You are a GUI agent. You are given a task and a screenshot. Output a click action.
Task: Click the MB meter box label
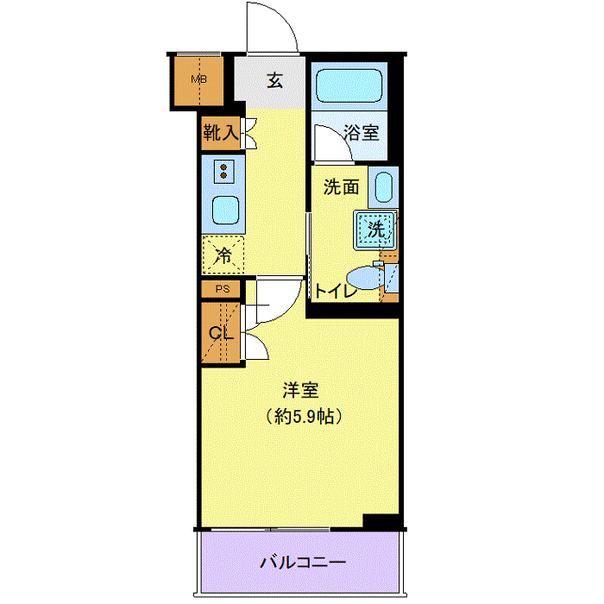point(198,79)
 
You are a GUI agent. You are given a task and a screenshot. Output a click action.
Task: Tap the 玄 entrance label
point(275,81)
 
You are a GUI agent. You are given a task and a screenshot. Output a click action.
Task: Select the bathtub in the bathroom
point(349,85)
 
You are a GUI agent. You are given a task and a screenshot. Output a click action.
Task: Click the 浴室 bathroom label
point(362,133)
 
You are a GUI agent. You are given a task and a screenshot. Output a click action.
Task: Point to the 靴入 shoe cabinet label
point(221,133)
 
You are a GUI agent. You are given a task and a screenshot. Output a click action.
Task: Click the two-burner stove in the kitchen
point(223,172)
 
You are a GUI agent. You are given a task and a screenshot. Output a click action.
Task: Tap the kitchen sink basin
point(225,210)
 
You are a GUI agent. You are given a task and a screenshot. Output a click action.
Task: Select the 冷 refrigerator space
point(223,255)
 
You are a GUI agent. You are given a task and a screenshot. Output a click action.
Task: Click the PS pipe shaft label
point(223,288)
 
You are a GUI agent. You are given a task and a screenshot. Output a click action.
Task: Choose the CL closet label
point(221,333)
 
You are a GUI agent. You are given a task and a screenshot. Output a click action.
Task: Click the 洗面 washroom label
point(342,187)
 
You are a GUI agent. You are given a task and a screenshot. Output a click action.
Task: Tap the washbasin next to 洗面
point(384,187)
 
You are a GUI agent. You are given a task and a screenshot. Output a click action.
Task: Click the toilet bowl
point(364,278)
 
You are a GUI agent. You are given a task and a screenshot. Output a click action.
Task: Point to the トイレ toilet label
point(337,292)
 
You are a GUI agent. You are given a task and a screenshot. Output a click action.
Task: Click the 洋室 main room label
point(301,390)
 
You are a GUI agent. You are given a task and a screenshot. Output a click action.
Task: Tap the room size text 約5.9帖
point(304,416)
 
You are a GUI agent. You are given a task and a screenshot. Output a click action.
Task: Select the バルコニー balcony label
point(303,563)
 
